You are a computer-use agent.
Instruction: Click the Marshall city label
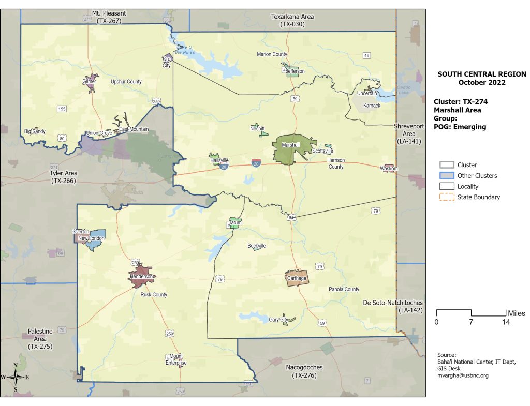pos(291,145)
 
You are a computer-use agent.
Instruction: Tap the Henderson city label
pos(142,277)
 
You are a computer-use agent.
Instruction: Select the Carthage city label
pos(297,278)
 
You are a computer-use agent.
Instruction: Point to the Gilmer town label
pos(89,82)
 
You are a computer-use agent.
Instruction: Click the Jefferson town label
pos(295,71)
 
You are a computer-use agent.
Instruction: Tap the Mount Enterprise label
pos(176,360)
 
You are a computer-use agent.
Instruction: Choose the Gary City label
pos(278,320)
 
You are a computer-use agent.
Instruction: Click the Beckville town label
pos(257,246)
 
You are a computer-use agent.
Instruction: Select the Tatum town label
pos(235,223)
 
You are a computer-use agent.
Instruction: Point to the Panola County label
pos(344,290)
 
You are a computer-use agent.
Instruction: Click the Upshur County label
pos(126,82)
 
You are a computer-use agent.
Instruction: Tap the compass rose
pos(16,377)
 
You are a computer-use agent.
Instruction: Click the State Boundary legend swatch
pos(447,197)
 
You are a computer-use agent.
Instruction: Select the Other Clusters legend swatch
pos(447,176)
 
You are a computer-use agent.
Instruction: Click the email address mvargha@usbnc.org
pos(463,375)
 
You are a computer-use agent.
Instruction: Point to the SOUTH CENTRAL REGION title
pos(482,74)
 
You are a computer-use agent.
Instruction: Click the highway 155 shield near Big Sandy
pos(62,109)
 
